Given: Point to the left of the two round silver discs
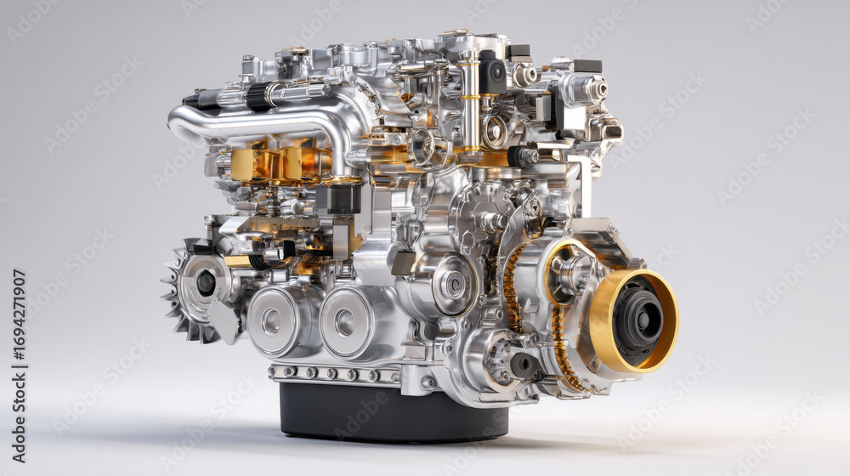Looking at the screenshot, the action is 273,321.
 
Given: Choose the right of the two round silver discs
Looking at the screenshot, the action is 346,322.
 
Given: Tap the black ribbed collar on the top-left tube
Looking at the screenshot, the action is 258,97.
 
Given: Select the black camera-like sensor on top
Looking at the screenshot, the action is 493,72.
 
